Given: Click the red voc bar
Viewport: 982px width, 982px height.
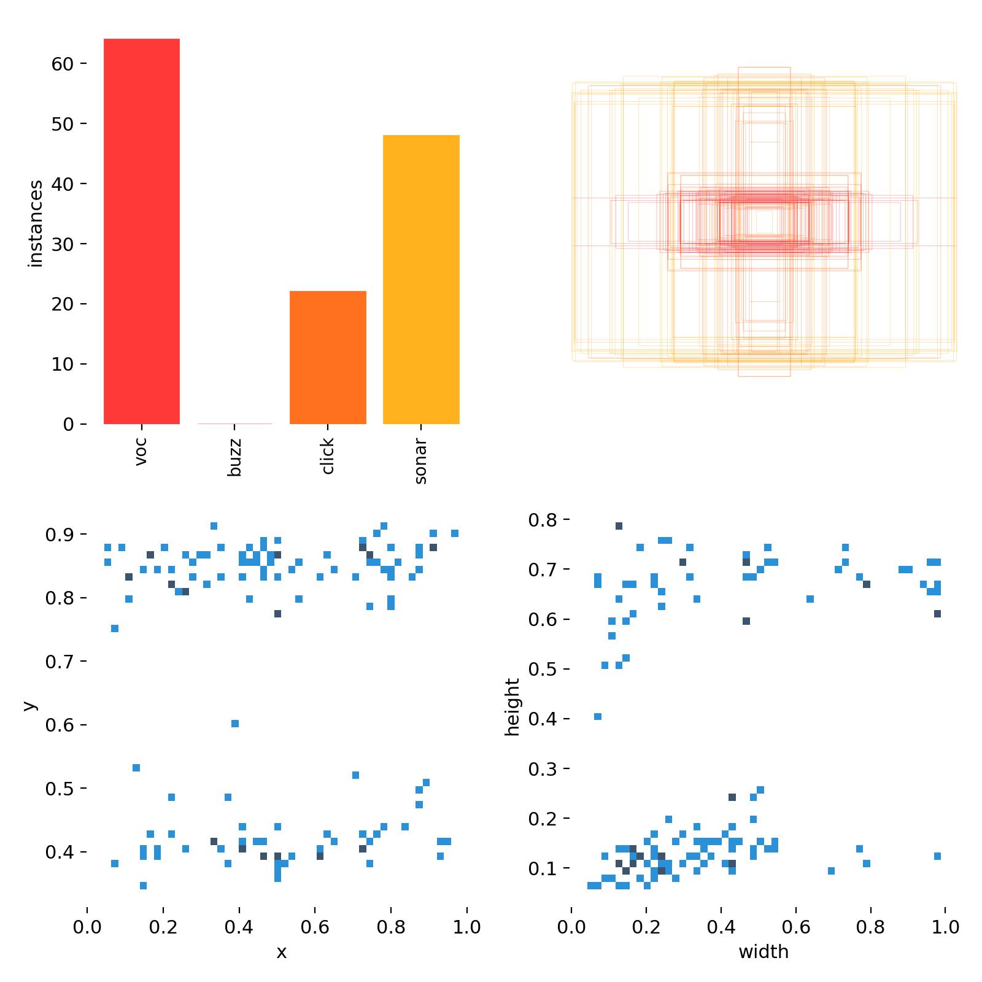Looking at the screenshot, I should [141, 231].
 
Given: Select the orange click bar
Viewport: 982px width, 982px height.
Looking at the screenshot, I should [328, 357].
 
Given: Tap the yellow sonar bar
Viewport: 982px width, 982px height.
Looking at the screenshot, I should [421, 279].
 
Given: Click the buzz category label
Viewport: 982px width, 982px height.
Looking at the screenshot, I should [234, 458].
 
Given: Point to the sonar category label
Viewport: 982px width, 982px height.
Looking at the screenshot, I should [421, 461].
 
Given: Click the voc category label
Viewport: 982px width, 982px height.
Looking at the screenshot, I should [141, 451].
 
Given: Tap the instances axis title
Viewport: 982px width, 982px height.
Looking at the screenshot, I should [36, 223].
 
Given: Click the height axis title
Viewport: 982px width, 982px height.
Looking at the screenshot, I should [512, 707].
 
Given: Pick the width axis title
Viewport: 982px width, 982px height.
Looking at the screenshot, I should [764, 952].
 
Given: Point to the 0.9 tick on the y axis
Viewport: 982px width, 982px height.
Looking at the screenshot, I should [60, 535].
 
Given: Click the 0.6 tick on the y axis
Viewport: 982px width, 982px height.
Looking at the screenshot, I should [60, 725].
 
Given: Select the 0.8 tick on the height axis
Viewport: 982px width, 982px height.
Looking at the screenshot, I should [543, 520].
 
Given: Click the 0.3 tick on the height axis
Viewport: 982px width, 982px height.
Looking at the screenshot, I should [543, 768].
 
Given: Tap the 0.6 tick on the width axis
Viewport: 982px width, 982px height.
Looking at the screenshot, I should [796, 926].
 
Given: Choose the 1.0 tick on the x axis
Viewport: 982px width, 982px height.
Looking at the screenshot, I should [467, 926].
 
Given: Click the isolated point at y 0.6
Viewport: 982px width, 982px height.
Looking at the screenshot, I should [234, 724].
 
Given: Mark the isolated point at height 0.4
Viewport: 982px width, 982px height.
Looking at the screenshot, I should [598, 716].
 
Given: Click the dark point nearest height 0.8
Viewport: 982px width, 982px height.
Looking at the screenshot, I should [619, 526].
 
